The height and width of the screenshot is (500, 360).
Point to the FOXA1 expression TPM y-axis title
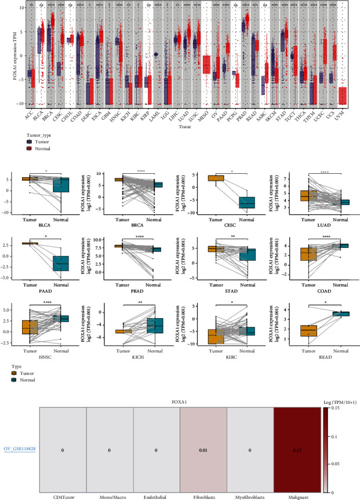pos(5,55)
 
